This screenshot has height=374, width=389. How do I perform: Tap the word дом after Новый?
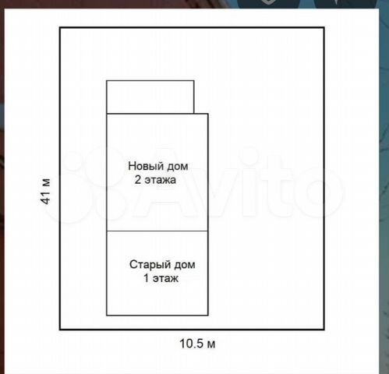click(178, 167)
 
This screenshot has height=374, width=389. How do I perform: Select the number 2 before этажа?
click(138, 180)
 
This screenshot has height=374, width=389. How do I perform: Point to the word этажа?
click(161, 180)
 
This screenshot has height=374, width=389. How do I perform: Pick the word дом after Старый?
click(185, 265)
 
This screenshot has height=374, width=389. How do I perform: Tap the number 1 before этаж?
click(147, 278)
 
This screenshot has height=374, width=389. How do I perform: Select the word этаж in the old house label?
click(165, 279)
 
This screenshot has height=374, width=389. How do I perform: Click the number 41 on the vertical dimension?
click(45, 198)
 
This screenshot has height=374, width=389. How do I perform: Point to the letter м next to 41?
click(47, 183)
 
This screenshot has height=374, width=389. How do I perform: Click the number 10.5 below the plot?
click(191, 344)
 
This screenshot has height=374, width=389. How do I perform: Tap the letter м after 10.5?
click(211, 344)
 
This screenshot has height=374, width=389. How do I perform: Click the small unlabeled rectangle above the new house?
click(150, 97)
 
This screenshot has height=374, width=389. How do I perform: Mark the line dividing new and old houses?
click(157, 231)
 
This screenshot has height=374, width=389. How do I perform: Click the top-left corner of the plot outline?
click(60, 27)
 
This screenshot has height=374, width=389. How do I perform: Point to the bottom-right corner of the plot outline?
click(324, 330)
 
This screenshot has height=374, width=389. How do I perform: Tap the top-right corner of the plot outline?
click(324, 27)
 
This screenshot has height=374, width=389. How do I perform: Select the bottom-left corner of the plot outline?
click(60, 330)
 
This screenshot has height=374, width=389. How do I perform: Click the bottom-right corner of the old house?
click(208, 316)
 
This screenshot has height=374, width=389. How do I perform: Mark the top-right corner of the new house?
click(208, 114)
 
